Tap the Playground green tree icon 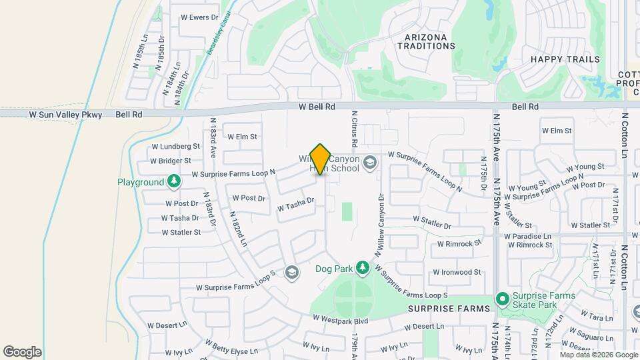click(173, 181)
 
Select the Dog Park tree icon click(362, 268)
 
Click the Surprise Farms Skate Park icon click(502, 298)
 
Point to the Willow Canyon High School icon click(370, 162)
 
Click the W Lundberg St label click(176, 146)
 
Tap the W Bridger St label click(171, 161)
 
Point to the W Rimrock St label click(459, 244)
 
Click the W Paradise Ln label click(528, 236)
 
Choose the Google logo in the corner click(22, 352)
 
